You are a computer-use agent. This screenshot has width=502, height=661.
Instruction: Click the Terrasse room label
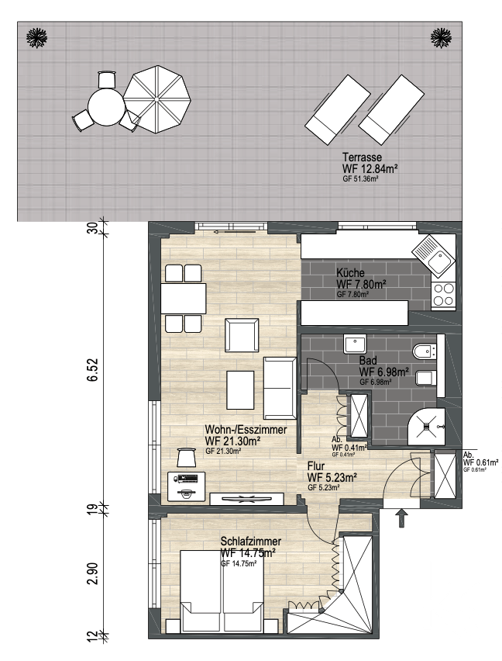(x=363, y=157)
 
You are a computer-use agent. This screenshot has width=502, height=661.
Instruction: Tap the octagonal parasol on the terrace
(x=156, y=99)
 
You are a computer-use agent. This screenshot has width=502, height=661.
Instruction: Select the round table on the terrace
(x=106, y=107)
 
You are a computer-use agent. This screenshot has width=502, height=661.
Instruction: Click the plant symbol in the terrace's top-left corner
(x=36, y=37)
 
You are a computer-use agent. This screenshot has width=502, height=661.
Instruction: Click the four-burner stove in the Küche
(x=443, y=294)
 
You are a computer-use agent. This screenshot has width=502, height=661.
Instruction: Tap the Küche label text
(x=350, y=273)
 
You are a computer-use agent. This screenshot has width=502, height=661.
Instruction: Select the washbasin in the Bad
(x=355, y=344)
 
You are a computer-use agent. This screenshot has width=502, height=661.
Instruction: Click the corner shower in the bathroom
(x=426, y=426)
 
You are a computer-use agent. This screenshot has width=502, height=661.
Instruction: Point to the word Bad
(x=368, y=361)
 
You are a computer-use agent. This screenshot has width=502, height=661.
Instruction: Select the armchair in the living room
(x=242, y=335)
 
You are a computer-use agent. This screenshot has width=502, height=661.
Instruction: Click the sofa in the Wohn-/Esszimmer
(x=280, y=387)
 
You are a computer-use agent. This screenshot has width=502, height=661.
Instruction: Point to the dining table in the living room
(x=184, y=299)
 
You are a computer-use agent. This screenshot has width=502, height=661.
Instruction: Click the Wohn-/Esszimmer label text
(x=246, y=430)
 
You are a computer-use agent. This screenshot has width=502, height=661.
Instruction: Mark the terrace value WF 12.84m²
(x=370, y=169)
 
